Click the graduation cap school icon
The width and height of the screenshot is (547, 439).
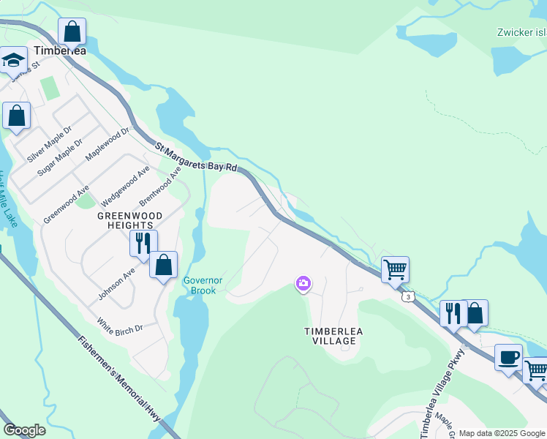click(x=12, y=60)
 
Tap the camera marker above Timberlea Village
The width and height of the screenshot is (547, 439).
click(x=303, y=283)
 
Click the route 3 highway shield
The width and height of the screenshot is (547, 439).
click(x=407, y=296)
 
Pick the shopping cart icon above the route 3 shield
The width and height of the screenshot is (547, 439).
click(x=395, y=269)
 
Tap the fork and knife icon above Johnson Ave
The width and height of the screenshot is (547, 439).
click(x=143, y=242)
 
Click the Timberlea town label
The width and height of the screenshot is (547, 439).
click(x=59, y=50)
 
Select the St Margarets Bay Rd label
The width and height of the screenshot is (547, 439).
click(x=197, y=157)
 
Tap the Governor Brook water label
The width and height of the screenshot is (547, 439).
click(x=203, y=285)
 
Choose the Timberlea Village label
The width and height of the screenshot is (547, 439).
click(x=333, y=337)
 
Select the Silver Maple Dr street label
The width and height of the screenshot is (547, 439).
click(x=50, y=144)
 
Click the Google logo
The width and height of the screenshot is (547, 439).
click(x=24, y=430)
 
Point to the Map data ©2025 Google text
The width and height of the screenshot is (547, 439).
click(x=501, y=433)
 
